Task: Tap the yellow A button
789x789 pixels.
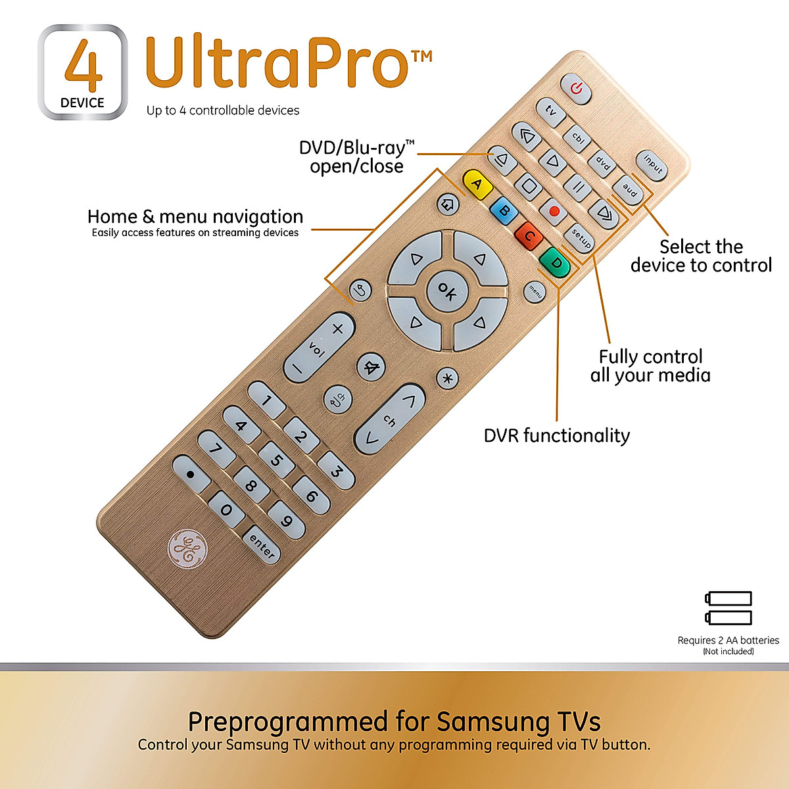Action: [x=478, y=185]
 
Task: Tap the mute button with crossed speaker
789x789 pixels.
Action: [x=371, y=366]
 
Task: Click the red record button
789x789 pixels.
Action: [x=554, y=211]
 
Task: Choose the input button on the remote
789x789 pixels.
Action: [x=652, y=165]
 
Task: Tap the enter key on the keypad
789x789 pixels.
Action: [x=262, y=546]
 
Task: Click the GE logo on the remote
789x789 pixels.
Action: [x=187, y=547]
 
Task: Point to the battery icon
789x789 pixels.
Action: [x=729, y=608]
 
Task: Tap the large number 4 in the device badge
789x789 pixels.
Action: [x=84, y=66]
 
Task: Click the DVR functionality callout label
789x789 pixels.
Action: [x=556, y=435]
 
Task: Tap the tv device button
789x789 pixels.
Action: [x=551, y=112]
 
